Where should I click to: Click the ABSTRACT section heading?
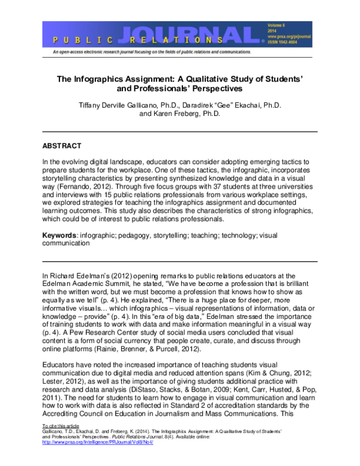coord(64,146)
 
